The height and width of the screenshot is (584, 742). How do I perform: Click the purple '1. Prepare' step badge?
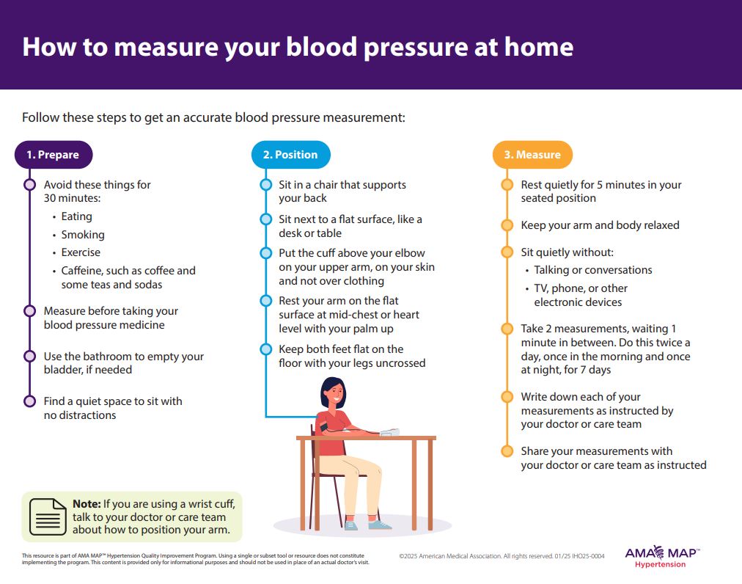[54, 155]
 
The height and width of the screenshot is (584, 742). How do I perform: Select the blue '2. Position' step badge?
[290, 155]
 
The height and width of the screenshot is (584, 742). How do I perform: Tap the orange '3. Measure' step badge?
[532, 155]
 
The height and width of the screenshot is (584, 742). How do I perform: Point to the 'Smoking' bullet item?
[83, 235]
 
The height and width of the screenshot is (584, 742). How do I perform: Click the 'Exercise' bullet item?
[81, 252]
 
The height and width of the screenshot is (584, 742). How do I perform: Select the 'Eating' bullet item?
[77, 216]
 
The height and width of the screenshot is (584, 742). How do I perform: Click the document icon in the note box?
[48, 517]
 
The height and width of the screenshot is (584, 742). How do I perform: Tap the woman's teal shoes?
[367, 525]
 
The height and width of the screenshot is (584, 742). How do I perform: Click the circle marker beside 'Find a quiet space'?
[29, 401]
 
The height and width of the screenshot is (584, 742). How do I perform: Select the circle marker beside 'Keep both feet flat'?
[266, 349]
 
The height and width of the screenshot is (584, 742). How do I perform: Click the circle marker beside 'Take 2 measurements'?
[507, 329]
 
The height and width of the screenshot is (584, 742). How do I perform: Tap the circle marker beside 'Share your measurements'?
[507, 451]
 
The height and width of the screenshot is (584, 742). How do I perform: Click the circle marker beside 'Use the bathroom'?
[29, 357]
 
